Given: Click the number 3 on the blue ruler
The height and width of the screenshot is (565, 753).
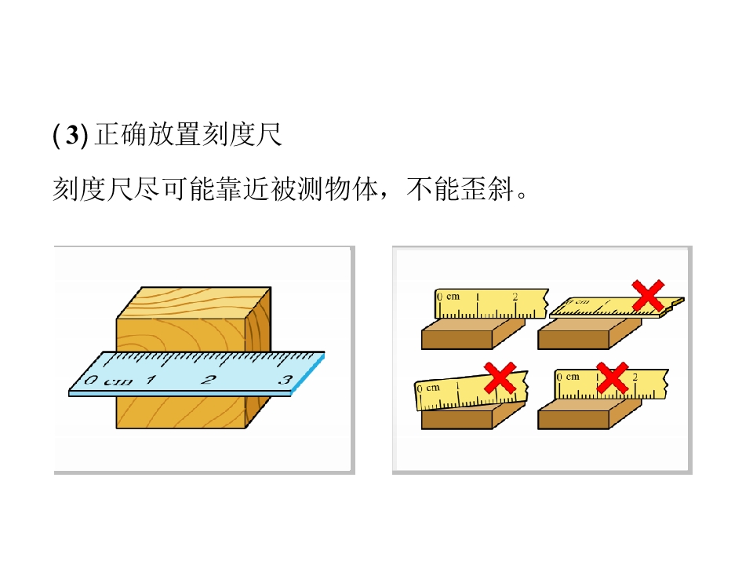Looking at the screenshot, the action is tap(286, 380).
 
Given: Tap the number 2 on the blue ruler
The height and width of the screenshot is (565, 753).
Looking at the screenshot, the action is tap(208, 380).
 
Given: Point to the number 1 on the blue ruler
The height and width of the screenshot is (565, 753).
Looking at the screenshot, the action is tap(151, 380).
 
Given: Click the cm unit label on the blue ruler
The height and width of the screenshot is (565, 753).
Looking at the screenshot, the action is tap(118, 382).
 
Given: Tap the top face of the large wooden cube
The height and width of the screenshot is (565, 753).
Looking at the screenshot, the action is tap(194, 303).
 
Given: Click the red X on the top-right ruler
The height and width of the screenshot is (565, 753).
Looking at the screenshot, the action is tap(649, 296).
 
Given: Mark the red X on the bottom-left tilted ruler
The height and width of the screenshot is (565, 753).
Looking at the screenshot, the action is tap(500, 378).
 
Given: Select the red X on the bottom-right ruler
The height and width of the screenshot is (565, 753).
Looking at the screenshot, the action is tap(613, 378).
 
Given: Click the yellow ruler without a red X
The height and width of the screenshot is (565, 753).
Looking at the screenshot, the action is tap(491, 304).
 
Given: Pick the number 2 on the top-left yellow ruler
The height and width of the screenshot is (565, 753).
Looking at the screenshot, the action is tap(515, 297).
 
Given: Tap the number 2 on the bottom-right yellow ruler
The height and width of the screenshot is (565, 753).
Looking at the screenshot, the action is tap(635, 377).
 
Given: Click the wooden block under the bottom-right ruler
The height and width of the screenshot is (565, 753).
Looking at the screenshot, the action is tap(589, 414).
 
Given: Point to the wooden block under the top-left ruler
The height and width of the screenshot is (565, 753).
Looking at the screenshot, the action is tap(473, 334).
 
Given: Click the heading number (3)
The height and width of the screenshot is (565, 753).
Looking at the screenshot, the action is tap(71, 135).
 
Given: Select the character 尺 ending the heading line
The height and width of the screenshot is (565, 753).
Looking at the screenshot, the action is tap(268, 134).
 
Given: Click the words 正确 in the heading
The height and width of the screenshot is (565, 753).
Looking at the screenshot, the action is tap(120, 134).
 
